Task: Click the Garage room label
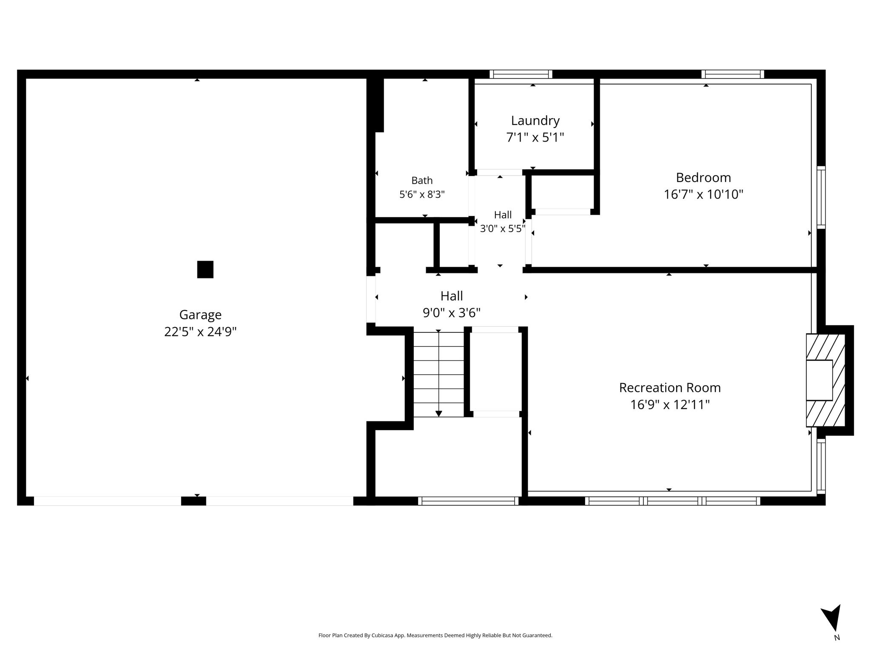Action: tap(200, 315)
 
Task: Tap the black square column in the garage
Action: tap(205, 270)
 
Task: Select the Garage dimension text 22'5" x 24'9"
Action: tap(200, 332)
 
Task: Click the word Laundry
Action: tap(535, 121)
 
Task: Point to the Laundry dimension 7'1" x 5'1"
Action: tap(535, 138)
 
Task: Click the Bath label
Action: tap(422, 181)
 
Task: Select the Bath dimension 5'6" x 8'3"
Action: tap(422, 195)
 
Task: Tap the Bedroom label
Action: tap(703, 177)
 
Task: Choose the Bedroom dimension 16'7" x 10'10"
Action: tap(703, 194)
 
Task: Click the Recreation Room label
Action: tap(670, 388)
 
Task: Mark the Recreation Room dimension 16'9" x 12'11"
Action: tap(670, 405)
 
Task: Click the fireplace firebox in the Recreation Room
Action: tap(819, 380)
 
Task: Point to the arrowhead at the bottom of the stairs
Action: tap(438, 414)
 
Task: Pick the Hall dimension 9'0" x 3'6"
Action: tap(451, 313)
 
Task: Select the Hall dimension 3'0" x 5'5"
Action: tap(503, 229)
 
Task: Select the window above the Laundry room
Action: tap(521, 74)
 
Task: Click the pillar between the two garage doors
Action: tap(194, 501)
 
